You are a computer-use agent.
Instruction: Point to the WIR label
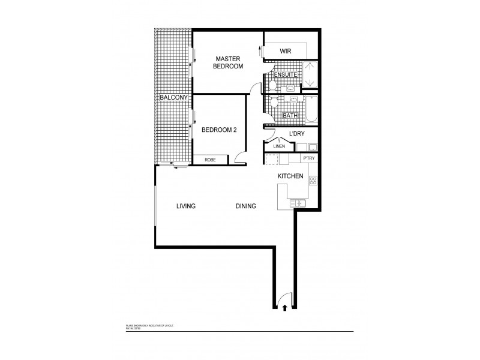(286, 52)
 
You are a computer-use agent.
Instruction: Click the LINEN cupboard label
(278, 145)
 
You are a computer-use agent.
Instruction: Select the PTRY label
(309, 158)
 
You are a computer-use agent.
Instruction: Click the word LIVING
(186, 206)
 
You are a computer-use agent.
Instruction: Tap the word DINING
(246, 206)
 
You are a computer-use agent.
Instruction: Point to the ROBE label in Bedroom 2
(210, 160)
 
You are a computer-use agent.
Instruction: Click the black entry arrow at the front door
(284, 308)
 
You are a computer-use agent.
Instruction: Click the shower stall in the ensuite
(309, 75)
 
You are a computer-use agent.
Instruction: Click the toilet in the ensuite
(271, 85)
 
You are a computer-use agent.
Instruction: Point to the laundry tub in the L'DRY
(313, 146)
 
